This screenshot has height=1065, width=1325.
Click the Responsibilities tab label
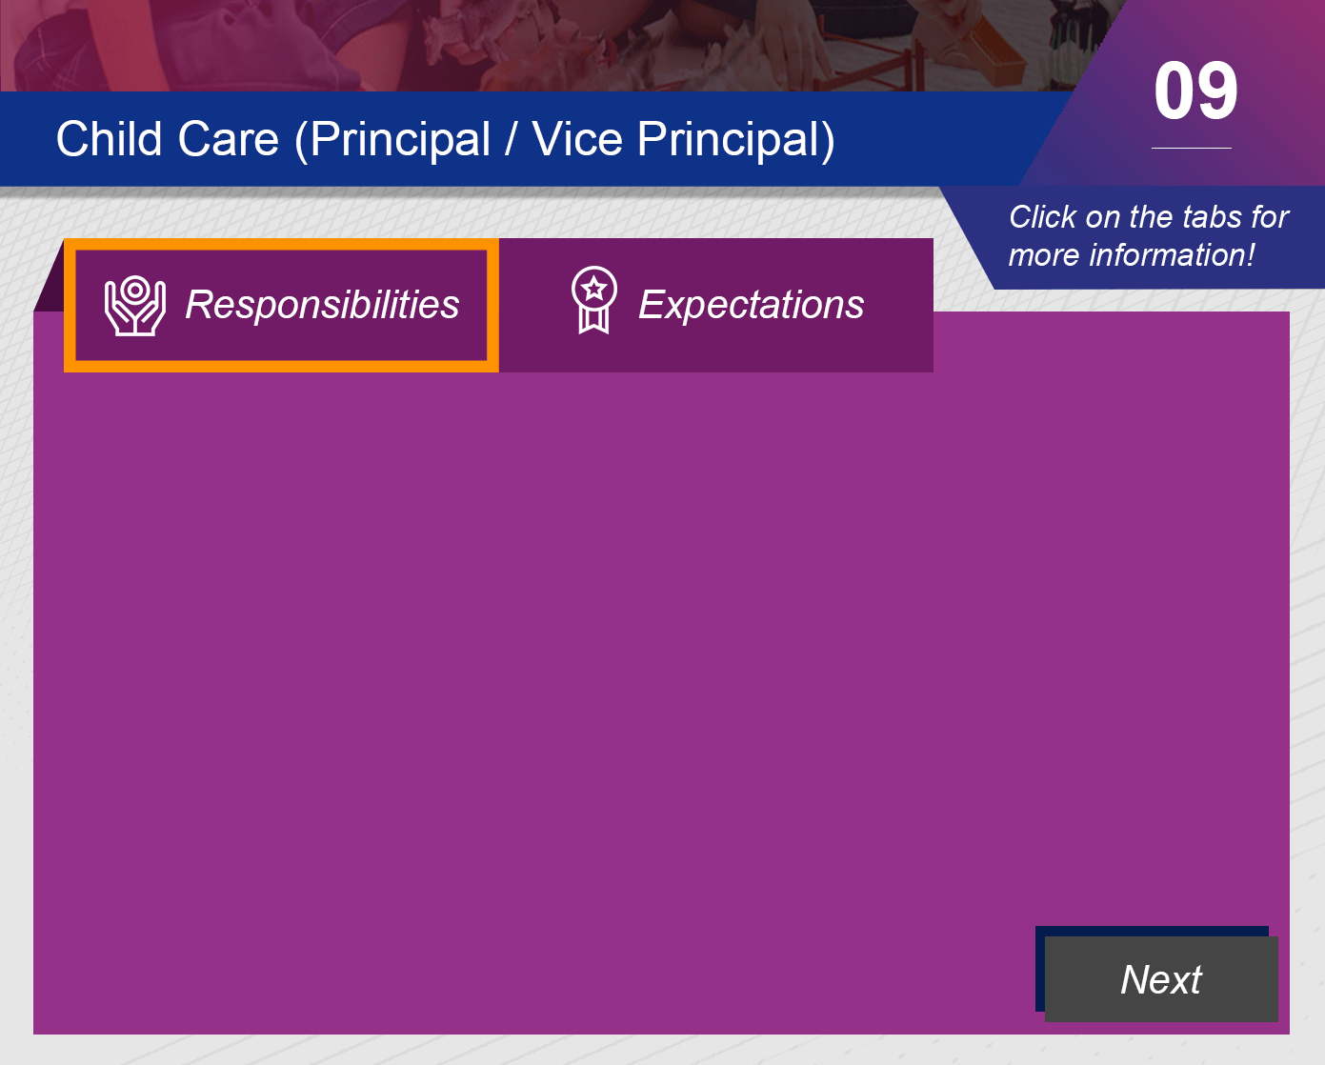click(x=322, y=305)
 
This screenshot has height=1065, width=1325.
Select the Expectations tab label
click(x=752, y=305)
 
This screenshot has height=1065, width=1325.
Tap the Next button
click(x=1161, y=978)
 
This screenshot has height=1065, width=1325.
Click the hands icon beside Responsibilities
click(x=135, y=306)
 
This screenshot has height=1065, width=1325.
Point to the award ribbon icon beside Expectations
click(x=593, y=300)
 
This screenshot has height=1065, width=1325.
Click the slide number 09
click(x=1195, y=91)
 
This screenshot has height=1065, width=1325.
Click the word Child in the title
click(x=109, y=138)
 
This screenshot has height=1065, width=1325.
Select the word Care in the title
click(x=228, y=138)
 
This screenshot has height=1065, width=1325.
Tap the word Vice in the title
click(x=577, y=138)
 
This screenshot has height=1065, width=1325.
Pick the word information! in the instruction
click(x=1171, y=255)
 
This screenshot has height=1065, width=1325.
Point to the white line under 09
click(x=1192, y=148)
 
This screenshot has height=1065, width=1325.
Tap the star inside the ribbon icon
click(x=593, y=289)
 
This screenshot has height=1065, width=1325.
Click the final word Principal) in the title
click(x=735, y=140)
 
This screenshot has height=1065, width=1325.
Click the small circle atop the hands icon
click(x=135, y=290)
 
